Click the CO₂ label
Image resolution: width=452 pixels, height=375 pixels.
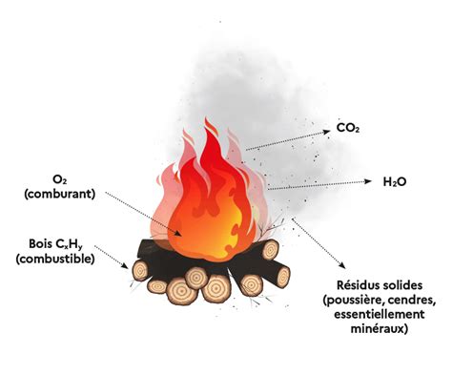[x=346, y=126]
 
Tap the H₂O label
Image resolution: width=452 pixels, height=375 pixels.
[x=395, y=180]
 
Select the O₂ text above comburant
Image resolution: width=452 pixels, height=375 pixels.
[x=60, y=179]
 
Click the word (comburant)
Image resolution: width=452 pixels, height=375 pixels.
[x=60, y=194]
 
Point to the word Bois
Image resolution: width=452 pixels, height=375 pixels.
[x=31, y=242]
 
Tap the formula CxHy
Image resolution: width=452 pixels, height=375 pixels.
[x=70, y=243]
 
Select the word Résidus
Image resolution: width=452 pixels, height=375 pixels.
[x=360, y=285]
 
